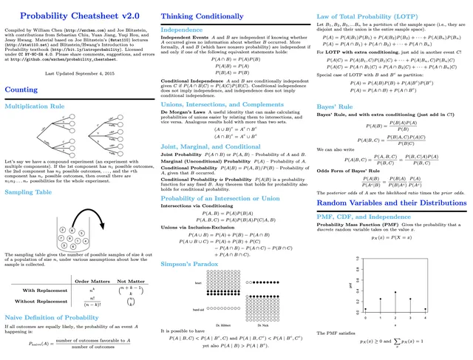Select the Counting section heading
(22, 89)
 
